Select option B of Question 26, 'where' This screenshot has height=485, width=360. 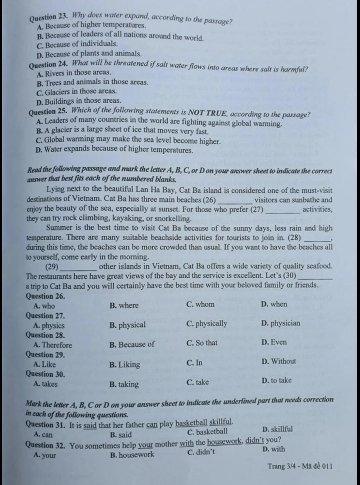[124, 305]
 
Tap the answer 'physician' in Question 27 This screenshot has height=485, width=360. [281, 323]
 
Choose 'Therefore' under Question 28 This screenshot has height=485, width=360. [53, 345]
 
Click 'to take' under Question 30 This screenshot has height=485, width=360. [277, 380]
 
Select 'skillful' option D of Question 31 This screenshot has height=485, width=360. [277, 429]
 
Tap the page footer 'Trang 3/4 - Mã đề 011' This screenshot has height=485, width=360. [300, 466]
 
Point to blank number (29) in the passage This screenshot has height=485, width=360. [52, 266]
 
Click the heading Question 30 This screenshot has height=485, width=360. [45, 374]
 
